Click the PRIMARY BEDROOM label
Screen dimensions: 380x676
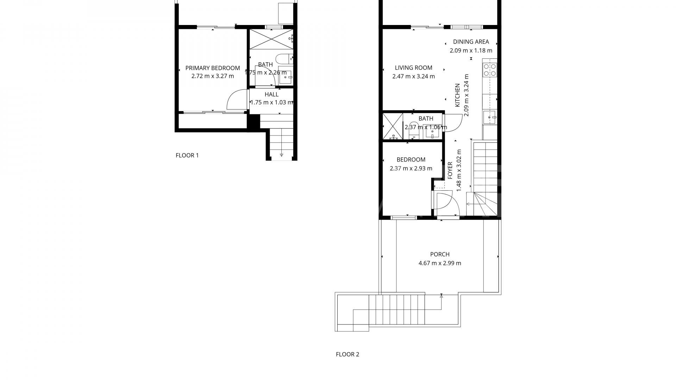(212, 68)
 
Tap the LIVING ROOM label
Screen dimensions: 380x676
(413, 68)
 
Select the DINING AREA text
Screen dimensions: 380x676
(471, 42)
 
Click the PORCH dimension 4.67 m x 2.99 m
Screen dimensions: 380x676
(440, 263)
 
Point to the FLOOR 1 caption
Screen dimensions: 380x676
(187, 155)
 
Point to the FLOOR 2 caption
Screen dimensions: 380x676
(347, 354)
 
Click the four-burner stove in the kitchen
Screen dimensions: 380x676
(490, 70)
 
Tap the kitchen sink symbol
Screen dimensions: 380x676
(489, 117)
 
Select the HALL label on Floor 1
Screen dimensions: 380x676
(271, 94)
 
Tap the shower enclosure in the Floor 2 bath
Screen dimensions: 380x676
(392, 126)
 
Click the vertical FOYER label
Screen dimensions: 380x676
(450, 171)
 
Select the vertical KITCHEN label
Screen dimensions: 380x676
(457, 95)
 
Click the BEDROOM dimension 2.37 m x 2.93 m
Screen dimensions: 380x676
(411, 169)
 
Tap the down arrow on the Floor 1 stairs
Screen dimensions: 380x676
(282, 155)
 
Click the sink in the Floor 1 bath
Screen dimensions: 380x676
(285, 76)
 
